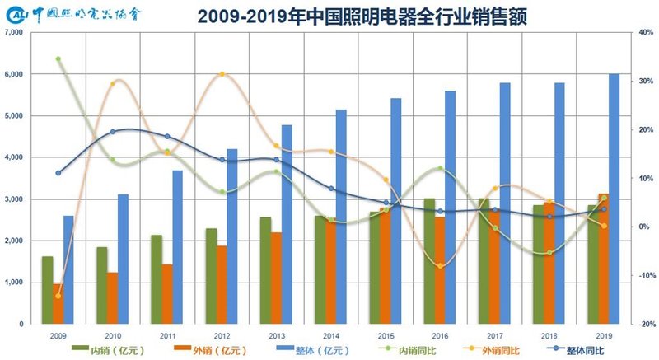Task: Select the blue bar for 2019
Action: pos(615,199)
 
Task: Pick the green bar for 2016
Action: pos(429,261)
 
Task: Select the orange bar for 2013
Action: pos(276,278)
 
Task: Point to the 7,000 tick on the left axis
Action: pos(13,32)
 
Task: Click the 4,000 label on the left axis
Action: pos(13,157)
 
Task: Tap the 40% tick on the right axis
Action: pos(644,32)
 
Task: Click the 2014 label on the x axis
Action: pos(330,335)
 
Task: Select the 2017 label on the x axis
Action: pos(494,335)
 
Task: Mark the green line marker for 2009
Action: pos(58,59)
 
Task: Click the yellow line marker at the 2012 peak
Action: pos(222,74)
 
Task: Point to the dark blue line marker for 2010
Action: pos(112,132)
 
